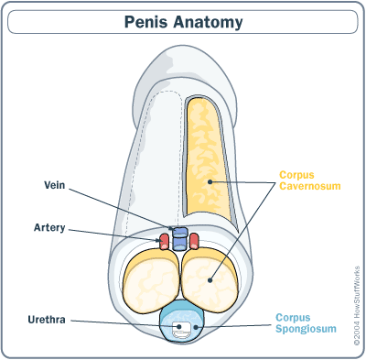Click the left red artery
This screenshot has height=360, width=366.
[165, 242]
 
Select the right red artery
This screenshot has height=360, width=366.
[194, 242]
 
